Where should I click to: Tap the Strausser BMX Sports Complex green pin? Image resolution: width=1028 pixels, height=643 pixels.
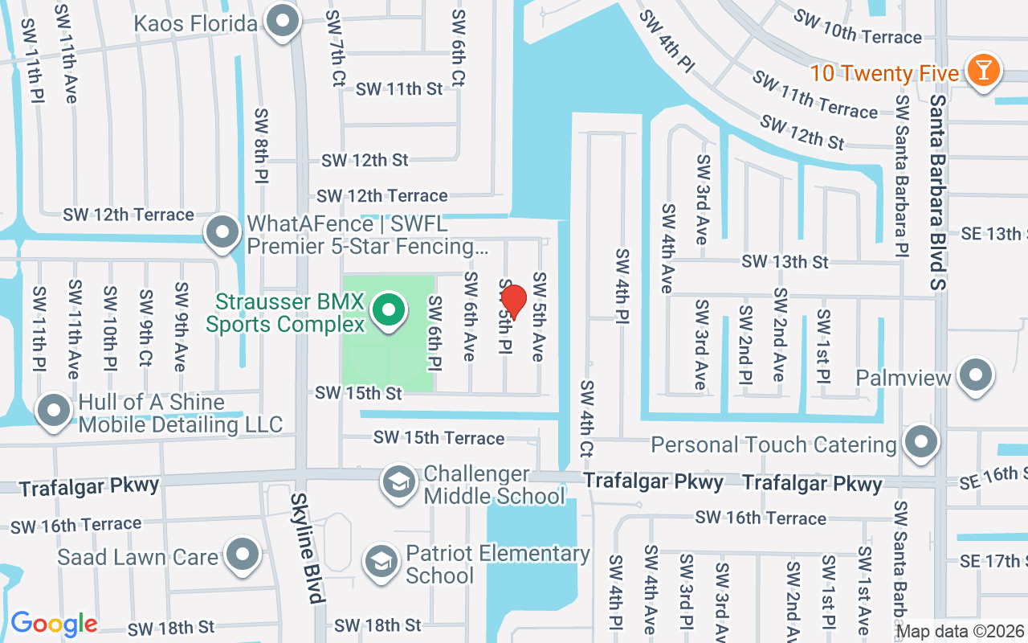(390, 310)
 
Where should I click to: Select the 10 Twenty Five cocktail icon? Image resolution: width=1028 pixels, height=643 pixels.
(982, 70)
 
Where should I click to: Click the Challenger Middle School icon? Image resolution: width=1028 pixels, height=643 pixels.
(398, 483)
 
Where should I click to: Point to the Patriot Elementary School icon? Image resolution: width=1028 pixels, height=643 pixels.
(381, 562)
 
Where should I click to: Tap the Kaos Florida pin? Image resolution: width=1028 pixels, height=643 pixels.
(282, 22)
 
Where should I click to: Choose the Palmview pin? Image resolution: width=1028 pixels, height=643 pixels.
(977, 375)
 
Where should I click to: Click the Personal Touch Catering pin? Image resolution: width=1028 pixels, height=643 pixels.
(921, 442)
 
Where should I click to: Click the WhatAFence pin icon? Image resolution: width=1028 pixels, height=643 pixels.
(222, 233)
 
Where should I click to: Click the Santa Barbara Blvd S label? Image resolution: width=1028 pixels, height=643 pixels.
(939, 193)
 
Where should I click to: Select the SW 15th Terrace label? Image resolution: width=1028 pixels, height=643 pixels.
(439, 438)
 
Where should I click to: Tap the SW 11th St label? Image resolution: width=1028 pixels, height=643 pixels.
(399, 89)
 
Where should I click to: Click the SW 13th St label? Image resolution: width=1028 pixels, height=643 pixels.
(785, 262)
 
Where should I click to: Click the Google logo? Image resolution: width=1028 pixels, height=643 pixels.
(54, 624)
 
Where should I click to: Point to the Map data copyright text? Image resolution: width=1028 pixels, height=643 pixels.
(960, 632)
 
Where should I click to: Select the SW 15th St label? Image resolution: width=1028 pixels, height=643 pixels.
(358, 393)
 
